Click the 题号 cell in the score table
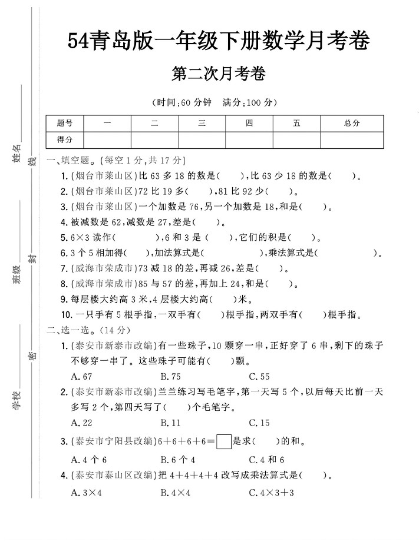pos(65,123)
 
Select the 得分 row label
pos(65,139)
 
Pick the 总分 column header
pos(352,123)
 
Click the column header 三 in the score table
pos(202,123)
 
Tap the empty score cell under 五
pos(296,139)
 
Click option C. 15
pos(259,423)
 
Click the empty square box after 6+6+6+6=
pos(224,441)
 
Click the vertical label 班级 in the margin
pos(17,274)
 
